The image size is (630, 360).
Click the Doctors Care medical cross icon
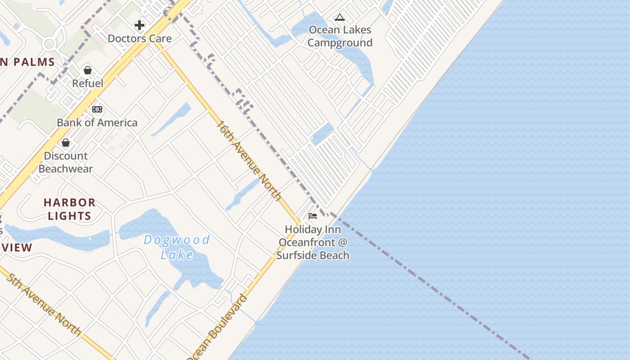click(139, 25)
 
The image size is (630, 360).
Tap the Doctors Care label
click(139, 39)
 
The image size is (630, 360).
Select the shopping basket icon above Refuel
click(88, 70)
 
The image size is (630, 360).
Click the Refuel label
click(88, 83)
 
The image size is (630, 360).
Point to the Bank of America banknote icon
click(97, 109)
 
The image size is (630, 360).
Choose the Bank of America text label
click(97, 122)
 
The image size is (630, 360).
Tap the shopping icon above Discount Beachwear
click(66, 143)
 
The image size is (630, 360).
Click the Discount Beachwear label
click(66, 162)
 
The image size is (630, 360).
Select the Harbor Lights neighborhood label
click(70, 209)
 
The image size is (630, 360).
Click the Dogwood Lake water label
click(177, 247)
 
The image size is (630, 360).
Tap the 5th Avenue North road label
click(44, 304)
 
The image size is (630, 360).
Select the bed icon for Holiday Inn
click(313, 216)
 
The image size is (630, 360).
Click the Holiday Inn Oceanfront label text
click(313, 243)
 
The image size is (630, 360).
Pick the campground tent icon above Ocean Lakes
click(340, 18)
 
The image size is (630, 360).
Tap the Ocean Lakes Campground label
click(340, 36)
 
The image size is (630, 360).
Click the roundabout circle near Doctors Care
click(49, 44)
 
